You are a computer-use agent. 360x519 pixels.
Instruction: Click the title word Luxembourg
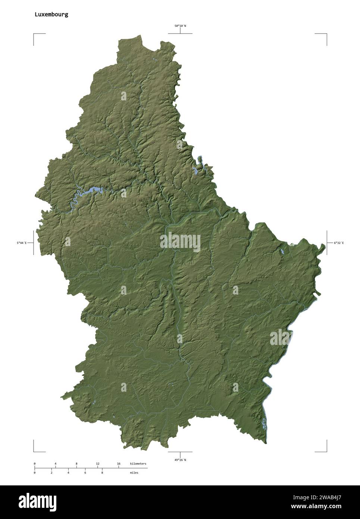[51, 15]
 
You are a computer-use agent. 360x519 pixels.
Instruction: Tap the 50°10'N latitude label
[180, 26]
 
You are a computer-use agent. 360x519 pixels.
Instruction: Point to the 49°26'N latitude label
[180, 460]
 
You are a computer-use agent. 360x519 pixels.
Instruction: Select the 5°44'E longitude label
[22, 243]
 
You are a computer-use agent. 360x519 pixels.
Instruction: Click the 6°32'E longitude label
[339, 243]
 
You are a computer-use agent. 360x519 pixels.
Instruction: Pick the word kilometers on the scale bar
[138, 463]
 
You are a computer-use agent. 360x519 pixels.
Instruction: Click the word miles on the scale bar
[134, 473]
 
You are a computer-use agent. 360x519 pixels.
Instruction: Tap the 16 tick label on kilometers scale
[119, 463]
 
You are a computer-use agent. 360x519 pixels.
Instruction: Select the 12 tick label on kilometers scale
[97, 463]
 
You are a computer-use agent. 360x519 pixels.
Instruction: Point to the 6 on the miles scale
[85, 473]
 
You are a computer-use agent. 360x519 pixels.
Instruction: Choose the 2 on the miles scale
[51, 473]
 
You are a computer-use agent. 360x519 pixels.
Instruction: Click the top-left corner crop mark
[34, 34]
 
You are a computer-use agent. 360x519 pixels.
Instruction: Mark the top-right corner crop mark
[326, 34]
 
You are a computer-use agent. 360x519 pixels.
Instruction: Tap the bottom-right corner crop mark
[326, 451]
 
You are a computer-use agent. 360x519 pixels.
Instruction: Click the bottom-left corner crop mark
[34, 451]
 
